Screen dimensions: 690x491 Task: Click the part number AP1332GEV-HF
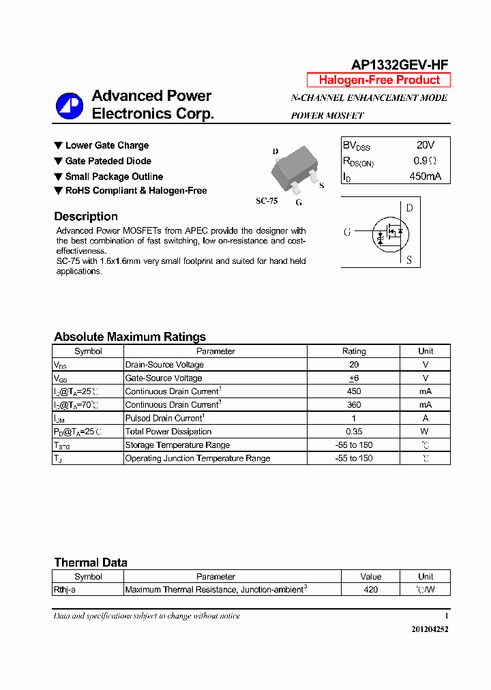(x=400, y=65)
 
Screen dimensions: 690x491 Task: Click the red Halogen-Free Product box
(x=379, y=80)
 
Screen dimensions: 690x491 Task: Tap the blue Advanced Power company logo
(x=69, y=106)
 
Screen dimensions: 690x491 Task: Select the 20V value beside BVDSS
(x=425, y=145)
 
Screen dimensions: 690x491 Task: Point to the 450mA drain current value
(x=425, y=177)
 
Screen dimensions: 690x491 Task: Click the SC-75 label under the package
(x=267, y=201)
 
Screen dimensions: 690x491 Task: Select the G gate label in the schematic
(x=347, y=232)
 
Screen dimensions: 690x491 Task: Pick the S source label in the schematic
(x=409, y=260)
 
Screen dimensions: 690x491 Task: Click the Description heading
(x=86, y=217)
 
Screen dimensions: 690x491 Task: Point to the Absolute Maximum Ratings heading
(x=130, y=337)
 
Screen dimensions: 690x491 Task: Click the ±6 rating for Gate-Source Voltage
(x=354, y=378)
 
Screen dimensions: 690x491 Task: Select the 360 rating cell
(x=354, y=405)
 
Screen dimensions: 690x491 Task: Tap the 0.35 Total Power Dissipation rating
(x=354, y=432)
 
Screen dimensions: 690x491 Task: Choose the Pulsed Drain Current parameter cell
(x=165, y=418)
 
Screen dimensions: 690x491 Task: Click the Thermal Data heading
(x=91, y=562)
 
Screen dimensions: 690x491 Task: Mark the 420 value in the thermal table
(x=370, y=589)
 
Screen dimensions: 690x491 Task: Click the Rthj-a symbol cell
(x=65, y=589)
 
